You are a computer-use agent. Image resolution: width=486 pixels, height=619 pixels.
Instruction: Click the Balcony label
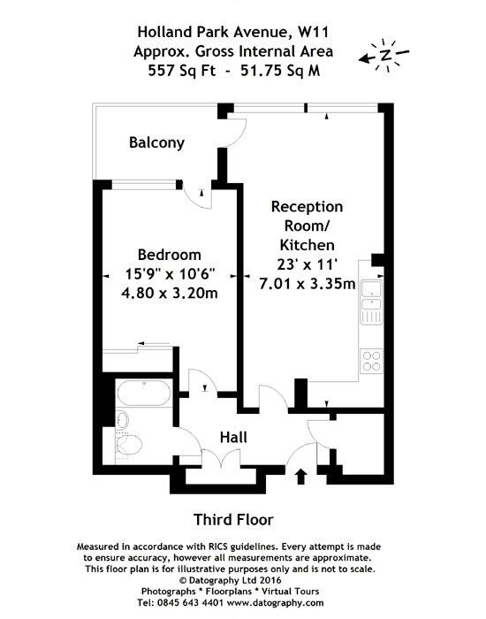click(156, 142)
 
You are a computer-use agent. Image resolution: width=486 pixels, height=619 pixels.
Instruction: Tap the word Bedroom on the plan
click(170, 255)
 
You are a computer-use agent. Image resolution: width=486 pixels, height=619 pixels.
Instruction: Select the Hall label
click(233, 438)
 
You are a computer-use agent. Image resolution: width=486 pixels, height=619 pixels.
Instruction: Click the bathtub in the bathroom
click(144, 394)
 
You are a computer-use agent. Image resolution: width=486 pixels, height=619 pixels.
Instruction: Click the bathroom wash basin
click(123, 420)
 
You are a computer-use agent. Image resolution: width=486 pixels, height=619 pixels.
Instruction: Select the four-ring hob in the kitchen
click(371, 361)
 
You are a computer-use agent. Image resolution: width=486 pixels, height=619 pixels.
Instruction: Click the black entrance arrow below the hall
click(301, 476)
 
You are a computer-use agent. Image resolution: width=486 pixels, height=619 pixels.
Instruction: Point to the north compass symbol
click(384, 55)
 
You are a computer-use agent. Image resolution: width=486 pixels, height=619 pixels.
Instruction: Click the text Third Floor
click(233, 520)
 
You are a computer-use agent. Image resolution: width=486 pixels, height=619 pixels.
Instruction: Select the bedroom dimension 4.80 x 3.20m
click(170, 294)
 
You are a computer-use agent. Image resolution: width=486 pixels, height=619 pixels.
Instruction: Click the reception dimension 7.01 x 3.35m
click(308, 284)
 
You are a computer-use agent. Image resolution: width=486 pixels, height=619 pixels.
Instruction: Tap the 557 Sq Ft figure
click(182, 71)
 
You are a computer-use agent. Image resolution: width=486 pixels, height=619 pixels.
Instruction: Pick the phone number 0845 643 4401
click(191, 603)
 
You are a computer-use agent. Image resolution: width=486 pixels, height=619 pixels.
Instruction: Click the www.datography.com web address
click(276, 603)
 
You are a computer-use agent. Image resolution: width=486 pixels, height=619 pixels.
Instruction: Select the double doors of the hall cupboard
click(221, 458)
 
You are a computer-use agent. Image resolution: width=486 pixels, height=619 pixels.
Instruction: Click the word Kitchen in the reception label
click(308, 245)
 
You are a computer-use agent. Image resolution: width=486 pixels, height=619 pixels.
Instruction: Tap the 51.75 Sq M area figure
click(280, 71)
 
